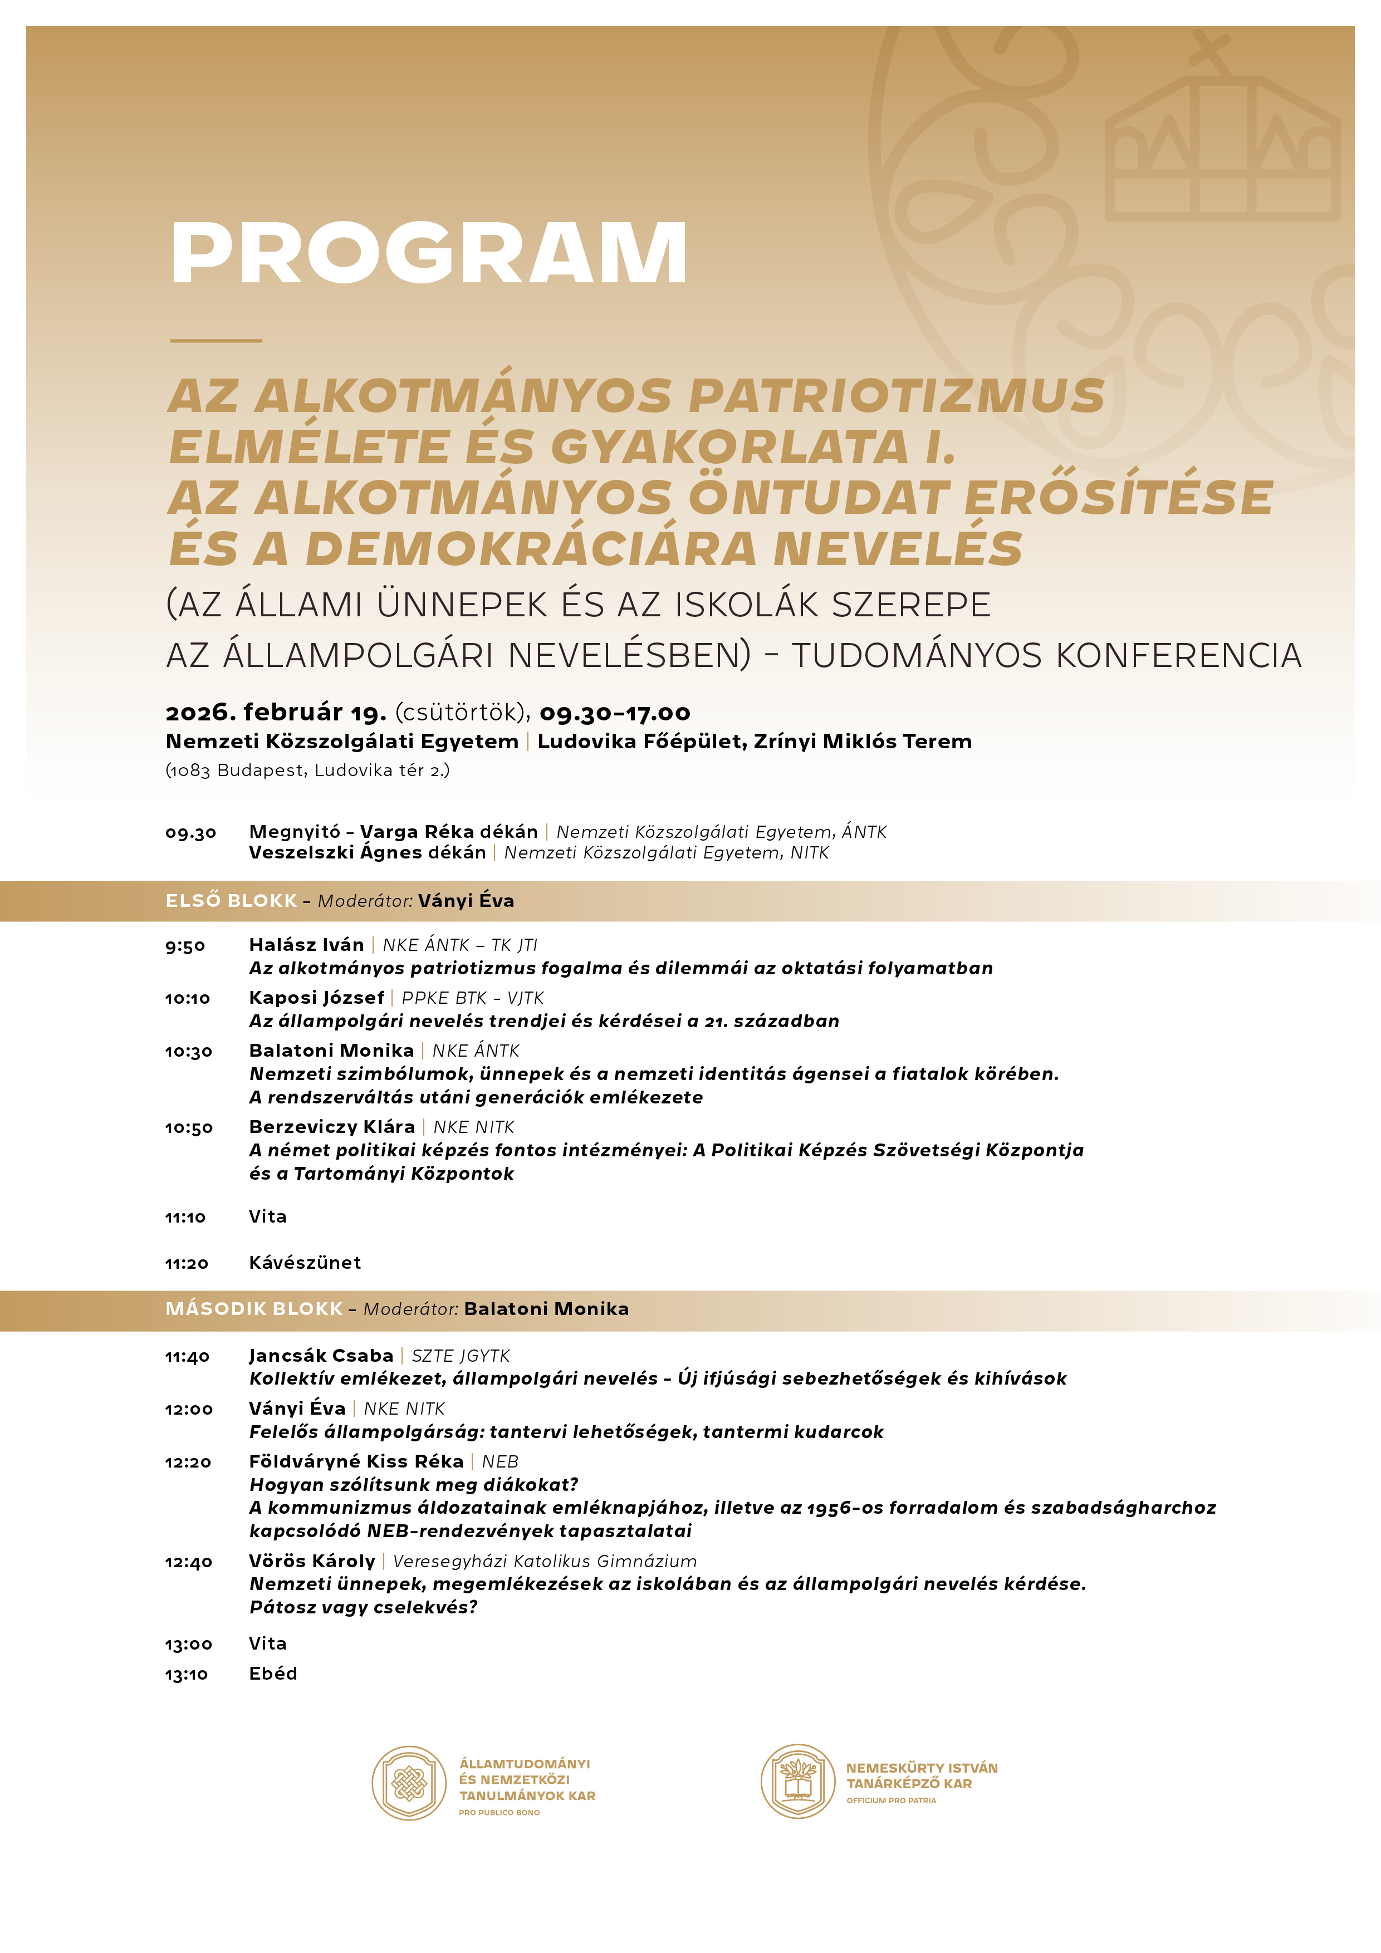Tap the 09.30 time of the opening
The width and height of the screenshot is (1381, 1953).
click(x=190, y=833)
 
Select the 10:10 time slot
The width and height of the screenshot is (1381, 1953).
click(x=187, y=999)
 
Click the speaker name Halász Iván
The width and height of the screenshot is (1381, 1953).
click(x=306, y=945)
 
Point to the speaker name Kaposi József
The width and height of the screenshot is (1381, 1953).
click(x=316, y=998)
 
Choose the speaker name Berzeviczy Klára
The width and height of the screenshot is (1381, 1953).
click(x=332, y=1127)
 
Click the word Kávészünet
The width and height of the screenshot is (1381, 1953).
click(x=305, y=1263)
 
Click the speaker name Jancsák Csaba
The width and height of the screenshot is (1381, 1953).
click(x=321, y=1356)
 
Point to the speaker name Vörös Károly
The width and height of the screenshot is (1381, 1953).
click(x=311, y=1562)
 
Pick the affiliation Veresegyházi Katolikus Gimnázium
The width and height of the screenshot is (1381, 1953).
click(x=545, y=1562)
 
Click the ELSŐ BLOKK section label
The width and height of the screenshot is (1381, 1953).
click(x=232, y=901)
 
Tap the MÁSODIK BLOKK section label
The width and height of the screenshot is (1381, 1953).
click(x=253, y=1309)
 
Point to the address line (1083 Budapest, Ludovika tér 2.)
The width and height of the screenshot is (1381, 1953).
click(x=307, y=771)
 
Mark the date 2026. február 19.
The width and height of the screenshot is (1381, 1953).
click(x=276, y=712)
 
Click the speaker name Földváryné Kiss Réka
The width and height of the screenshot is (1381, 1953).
click(x=356, y=1461)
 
